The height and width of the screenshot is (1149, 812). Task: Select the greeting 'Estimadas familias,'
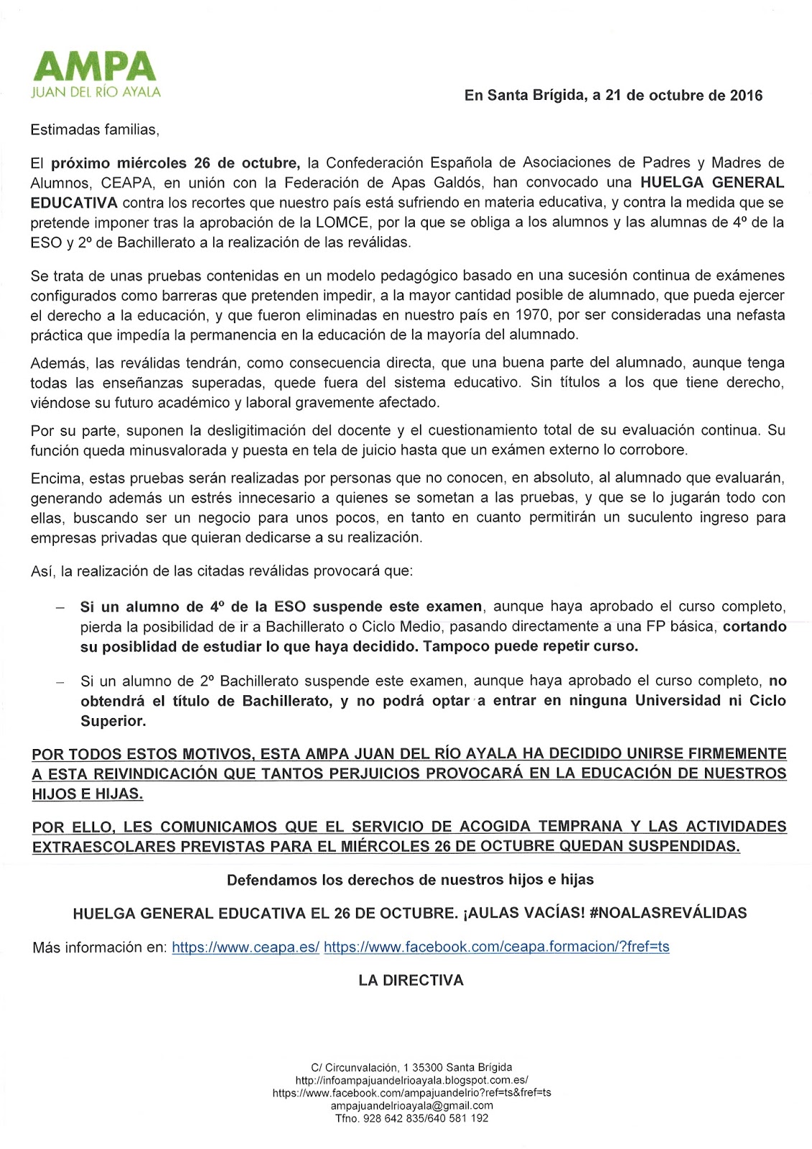(94, 130)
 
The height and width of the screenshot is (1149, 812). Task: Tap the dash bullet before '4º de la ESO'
(61, 608)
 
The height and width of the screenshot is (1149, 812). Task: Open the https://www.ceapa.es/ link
(246, 947)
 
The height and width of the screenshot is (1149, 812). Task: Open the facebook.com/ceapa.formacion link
(496, 947)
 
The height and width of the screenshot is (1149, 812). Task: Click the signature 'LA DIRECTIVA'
(411, 980)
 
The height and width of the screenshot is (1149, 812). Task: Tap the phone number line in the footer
(411, 1118)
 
